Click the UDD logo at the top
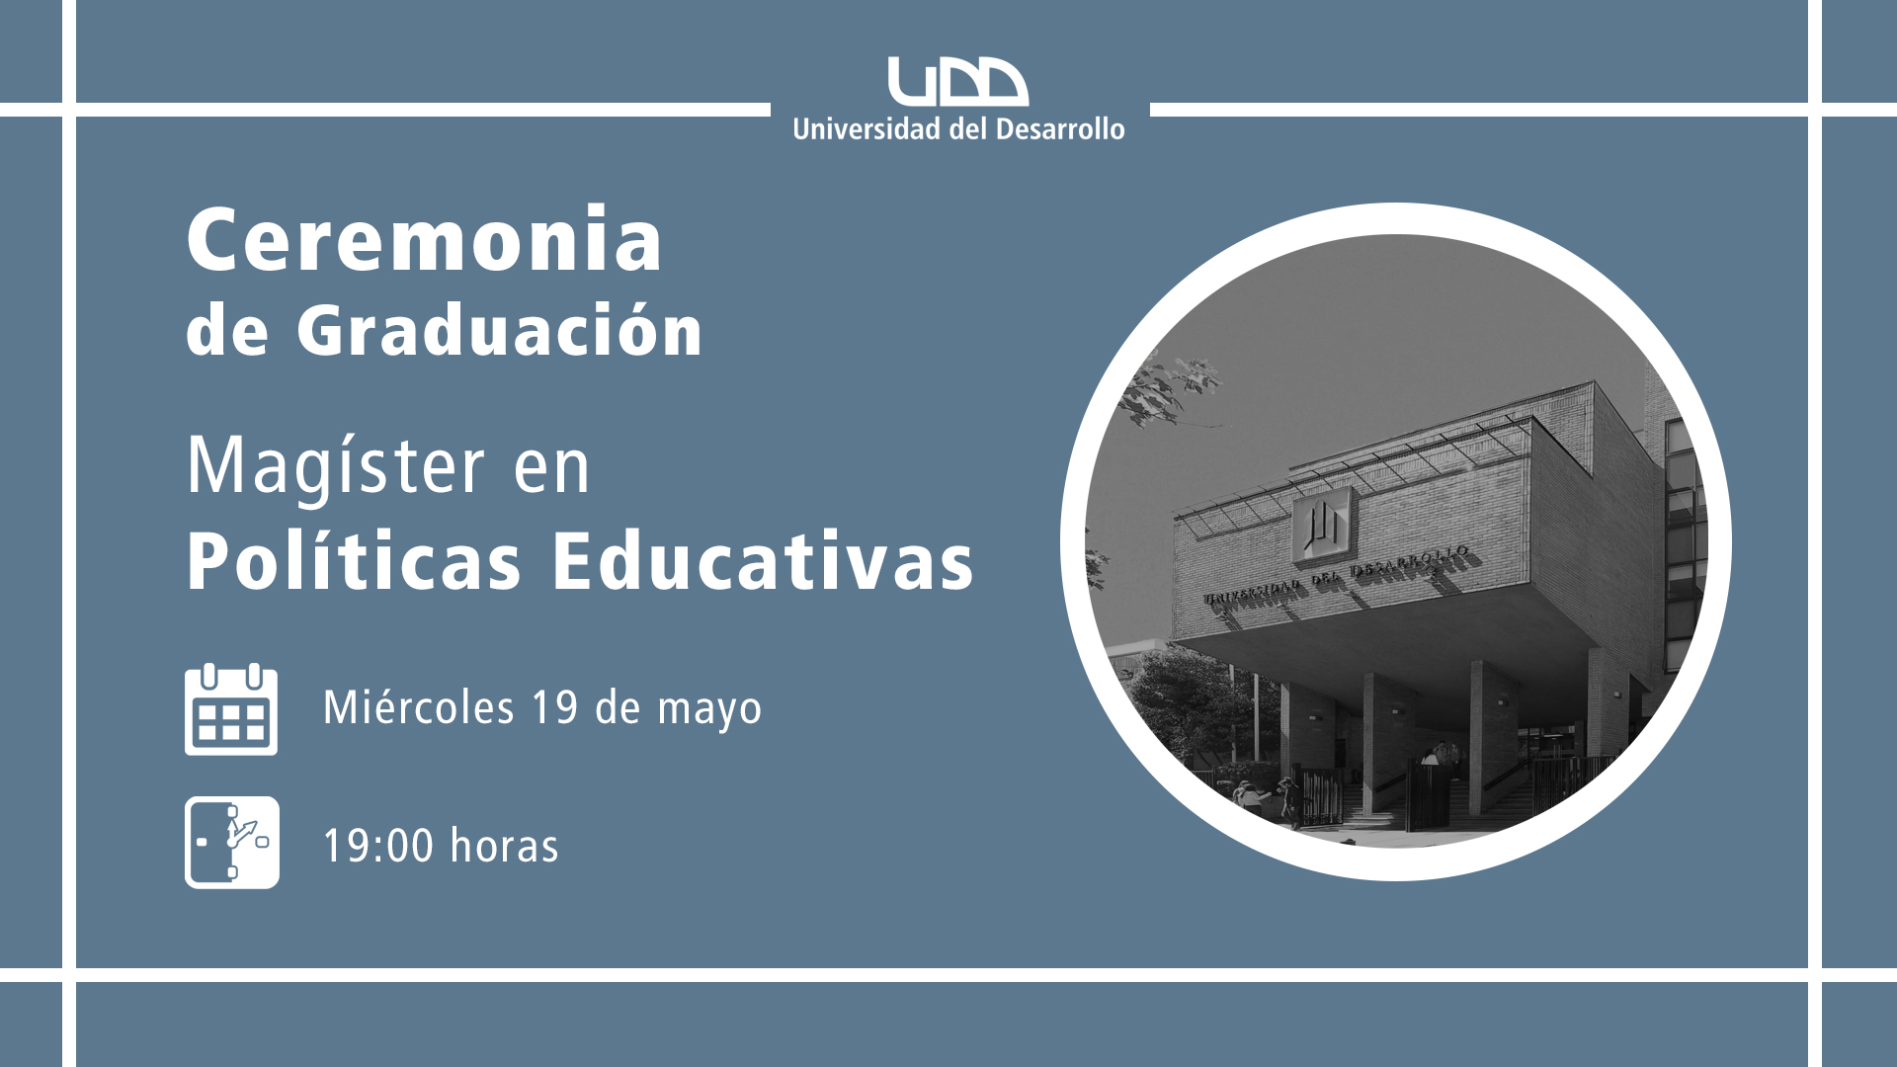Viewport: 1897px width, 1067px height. click(x=957, y=81)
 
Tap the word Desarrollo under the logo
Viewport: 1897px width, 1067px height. click(x=1060, y=129)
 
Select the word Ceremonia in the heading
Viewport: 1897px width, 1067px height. click(x=425, y=239)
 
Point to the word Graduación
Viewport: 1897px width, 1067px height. click(x=500, y=330)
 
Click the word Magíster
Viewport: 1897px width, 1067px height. click(x=336, y=466)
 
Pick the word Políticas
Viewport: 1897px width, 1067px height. click(x=354, y=561)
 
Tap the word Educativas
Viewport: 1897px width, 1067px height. click(x=763, y=561)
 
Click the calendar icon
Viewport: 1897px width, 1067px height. click(x=231, y=709)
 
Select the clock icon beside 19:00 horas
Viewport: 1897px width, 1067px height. click(x=232, y=843)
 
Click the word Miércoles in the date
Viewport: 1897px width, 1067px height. click(x=419, y=707)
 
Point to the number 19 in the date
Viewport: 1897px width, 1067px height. click(x=554, y=707)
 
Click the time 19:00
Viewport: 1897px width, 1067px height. click(x=378, y=847)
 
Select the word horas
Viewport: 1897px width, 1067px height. click(x=505, y=847)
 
